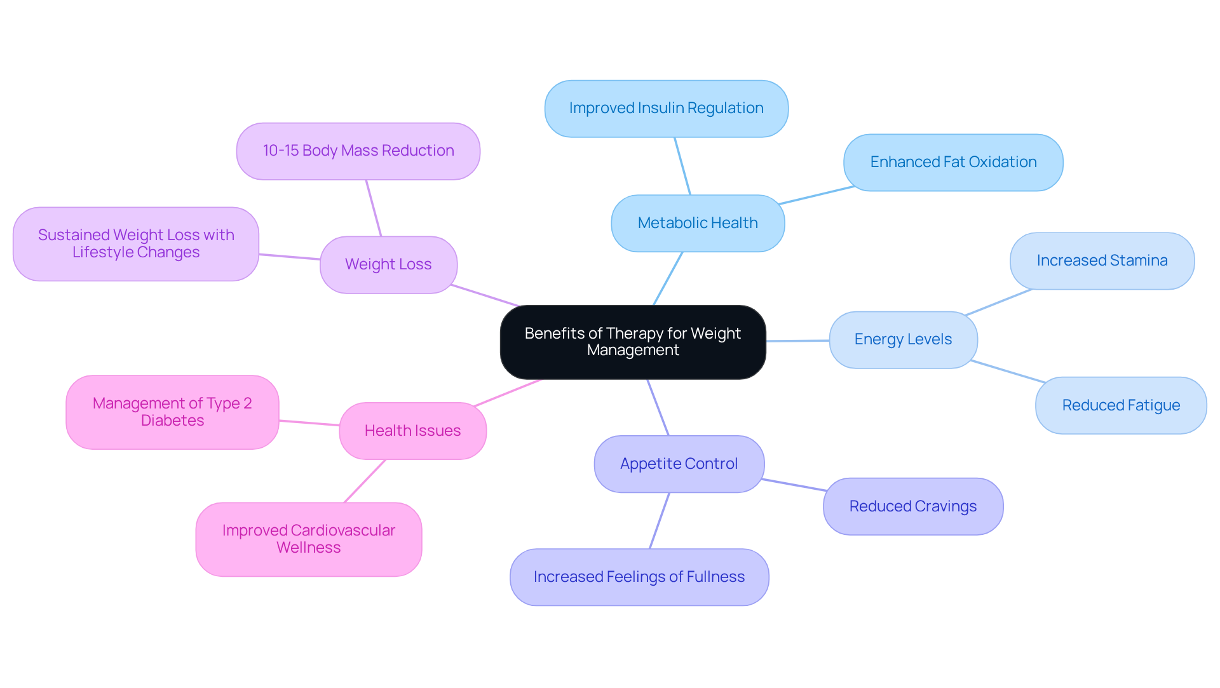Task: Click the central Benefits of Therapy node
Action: click(x=633, y=342)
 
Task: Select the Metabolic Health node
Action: click(x=698, y=223)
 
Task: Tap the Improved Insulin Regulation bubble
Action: click(x=666, y=109)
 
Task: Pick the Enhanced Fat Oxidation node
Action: click(x=953, y=163)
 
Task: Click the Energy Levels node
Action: click(x=903, y=340)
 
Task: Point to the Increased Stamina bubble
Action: click(x=1102, y=261)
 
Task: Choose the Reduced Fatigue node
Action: click(x=1121, y=406)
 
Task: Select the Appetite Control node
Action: click(x=679, y=464)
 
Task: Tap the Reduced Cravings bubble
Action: click(x=913, y=507)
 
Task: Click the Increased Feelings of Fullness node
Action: click(x=639, y=577)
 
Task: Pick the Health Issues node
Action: click(x=412, y=431)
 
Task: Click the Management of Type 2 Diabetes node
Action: click(x=172, y=412)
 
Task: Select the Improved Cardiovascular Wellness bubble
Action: click(x=309, y=539)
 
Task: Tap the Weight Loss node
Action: click(x=388, y=265)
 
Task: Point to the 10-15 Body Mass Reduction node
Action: click(x=358, y=151)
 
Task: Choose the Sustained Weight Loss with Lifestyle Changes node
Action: click(x=136, y=244)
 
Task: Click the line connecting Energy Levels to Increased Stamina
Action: click(x=998, y=302)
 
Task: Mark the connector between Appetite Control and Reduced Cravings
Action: click(x=794, y=485)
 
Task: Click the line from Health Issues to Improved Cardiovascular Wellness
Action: click(x=365, y=481)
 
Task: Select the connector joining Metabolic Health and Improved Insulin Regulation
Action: click(x=682, y=166)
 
